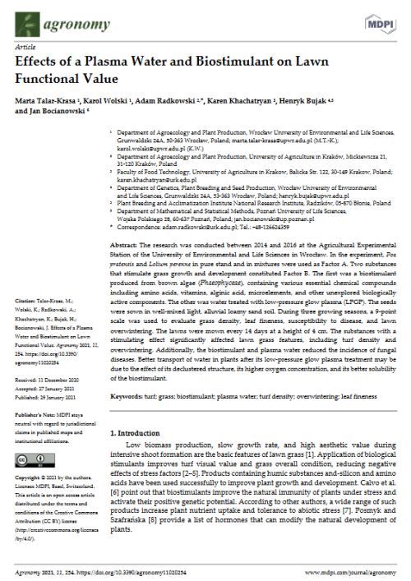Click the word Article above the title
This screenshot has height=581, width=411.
point(25,48)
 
